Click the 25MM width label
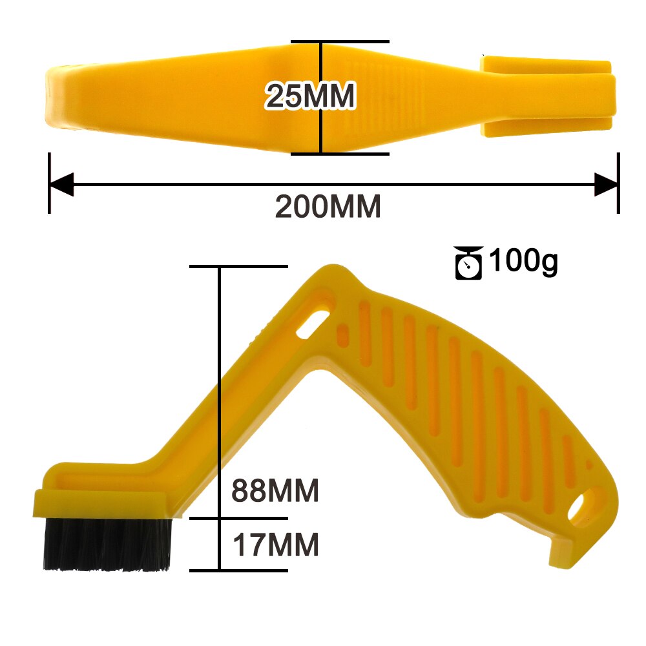[x=310, y=97]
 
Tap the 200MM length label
[x=328, y=207]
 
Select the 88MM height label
[x=275, y=491]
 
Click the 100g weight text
[x=523, y=262]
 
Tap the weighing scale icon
[x=469, y=263]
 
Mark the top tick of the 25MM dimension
[x=340, y=42]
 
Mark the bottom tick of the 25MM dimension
[x=340, y=154]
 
